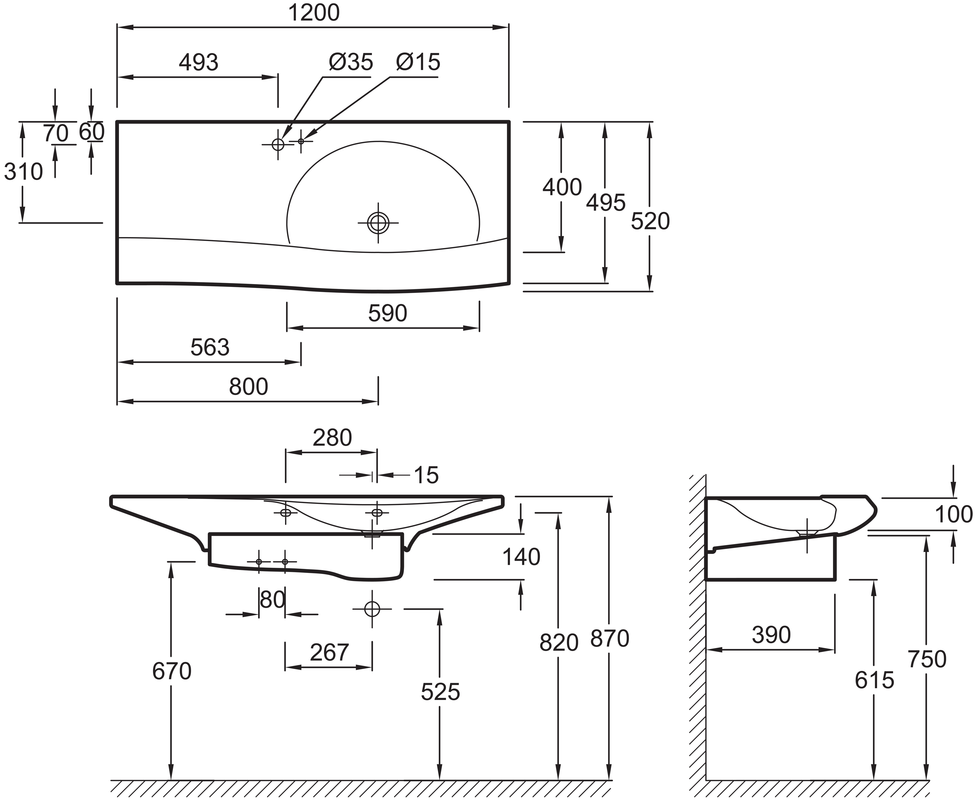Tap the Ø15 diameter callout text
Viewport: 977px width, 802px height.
(x=418, y=62)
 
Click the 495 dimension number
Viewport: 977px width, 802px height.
(x=605, y=202)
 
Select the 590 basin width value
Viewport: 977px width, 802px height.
(x=388, y=313)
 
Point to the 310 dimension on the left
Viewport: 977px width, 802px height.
(x=23, y=172)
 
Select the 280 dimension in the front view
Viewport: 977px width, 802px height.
(x=332, y=437)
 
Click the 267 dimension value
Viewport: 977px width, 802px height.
(x=329, y=652)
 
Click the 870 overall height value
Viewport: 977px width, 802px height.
(x=610, y=638)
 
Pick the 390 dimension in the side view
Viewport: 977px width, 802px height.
(x=771, y=635)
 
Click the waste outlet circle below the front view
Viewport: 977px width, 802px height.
(x=372, y=609)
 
